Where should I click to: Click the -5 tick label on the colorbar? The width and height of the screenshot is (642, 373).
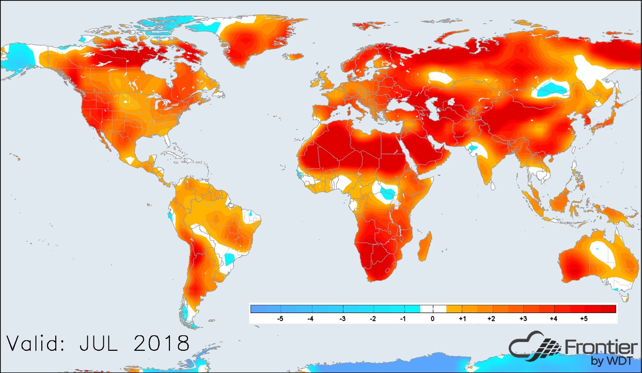(280, 319)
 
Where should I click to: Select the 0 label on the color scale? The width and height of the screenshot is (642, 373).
(433, 319)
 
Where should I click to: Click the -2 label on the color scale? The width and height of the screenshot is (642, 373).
(372, 319)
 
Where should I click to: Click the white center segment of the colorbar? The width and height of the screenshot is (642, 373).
(433, 309)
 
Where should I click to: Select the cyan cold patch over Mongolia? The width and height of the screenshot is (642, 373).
(553, 89)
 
